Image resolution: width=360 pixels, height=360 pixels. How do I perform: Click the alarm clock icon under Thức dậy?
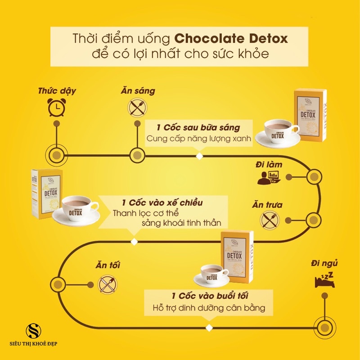click(56, 107)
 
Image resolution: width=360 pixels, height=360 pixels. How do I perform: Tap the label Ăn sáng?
click(137, 91)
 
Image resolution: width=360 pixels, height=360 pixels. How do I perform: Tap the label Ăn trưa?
click(267, 205)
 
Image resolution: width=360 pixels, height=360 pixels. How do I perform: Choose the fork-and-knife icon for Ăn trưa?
click(268, 219)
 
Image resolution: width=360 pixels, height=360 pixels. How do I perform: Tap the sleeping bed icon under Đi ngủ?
click(324, 279)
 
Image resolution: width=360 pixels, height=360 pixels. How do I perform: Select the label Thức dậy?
click(56, 91)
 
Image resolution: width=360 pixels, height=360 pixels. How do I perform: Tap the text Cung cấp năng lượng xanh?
click(198, 139)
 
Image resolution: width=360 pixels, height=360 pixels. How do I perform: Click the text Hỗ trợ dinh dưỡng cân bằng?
click(209, 308)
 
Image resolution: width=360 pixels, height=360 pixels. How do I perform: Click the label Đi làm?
click(269, 165)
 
